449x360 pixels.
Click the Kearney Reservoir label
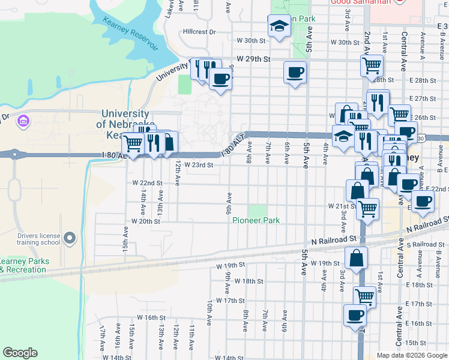coord(130,34)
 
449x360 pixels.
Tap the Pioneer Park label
coord(256,221)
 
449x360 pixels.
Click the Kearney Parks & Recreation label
coord(23,265)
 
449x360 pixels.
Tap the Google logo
coord(20,353)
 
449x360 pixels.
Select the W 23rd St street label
coord(199,165)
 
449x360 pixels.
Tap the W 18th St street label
coord(249,281)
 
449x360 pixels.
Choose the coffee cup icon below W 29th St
coord(294,73)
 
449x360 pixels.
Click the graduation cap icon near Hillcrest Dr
coord(279,26)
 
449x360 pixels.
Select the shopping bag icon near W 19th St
coord(356,258)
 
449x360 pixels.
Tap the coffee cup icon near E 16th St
coord(354,315)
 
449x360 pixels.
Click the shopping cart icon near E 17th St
coord(364,296)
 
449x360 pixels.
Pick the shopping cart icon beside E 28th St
coord(372,65)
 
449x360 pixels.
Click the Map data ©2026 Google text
coord(411,355)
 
